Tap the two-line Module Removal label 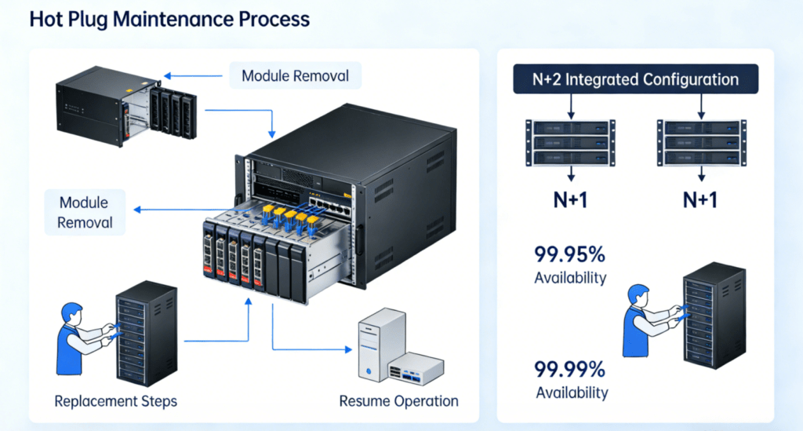click(x=85, y=212)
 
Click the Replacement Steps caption click(x=115, y=401)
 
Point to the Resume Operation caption click(x=398, y=401)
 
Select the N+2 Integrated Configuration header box click(x=636, y=80)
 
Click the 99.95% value click(x=570, y=255)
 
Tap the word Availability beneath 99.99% click(x=570, y=393)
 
